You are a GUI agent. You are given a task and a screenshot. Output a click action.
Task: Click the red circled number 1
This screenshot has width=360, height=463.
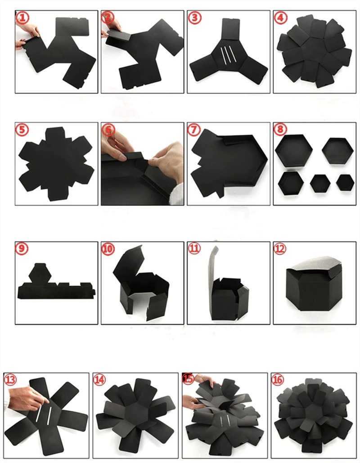(22, 18)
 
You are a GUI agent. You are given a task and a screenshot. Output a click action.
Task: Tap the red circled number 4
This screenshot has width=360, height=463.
(280, 18)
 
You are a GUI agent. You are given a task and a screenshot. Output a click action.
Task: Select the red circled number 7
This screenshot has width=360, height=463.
(194, 130)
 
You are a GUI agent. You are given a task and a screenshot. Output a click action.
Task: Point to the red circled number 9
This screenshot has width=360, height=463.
(22, 249)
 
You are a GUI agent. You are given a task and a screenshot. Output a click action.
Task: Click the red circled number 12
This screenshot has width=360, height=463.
(280, 249)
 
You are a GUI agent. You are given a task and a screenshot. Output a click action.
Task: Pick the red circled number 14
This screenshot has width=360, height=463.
(99, 379)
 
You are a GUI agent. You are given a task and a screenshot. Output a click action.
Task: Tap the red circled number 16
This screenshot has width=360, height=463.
(277, 379)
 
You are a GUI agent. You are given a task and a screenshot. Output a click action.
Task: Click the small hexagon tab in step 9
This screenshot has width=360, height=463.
(40, 272)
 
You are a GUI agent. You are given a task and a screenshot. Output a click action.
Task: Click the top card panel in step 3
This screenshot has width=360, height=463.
(231, 29)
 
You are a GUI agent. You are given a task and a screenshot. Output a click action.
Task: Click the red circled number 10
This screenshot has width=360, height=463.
(108, 249)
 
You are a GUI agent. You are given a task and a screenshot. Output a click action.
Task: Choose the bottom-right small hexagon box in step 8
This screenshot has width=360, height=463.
(345, 182)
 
